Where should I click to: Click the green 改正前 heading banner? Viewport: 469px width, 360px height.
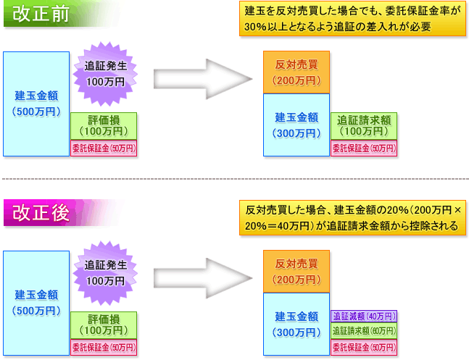coord(60,14)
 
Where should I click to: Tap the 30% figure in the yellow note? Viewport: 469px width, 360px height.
coord(255,27)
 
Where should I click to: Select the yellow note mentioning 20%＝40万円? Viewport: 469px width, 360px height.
coord(352,218)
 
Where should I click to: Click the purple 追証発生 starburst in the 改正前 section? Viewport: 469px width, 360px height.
coord(105,74)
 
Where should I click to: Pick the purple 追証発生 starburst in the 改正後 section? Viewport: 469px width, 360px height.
coord(105,273)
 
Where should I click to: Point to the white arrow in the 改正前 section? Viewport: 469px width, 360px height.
coord(203,79)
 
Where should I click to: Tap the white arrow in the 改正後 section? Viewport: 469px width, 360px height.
coord(203,278)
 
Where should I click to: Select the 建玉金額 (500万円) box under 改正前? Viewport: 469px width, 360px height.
coord(36,104)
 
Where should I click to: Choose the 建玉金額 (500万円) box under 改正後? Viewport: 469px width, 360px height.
coord(36,304)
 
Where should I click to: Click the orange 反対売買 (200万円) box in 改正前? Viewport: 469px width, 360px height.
coord(296,72)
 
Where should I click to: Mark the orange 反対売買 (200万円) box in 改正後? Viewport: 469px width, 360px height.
coord(296,272)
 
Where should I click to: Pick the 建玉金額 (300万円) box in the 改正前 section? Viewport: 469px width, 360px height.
coord(296,125)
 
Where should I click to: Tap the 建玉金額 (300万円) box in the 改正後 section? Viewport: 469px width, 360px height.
coord(296,324)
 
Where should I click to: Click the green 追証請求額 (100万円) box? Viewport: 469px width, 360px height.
coord(364,126)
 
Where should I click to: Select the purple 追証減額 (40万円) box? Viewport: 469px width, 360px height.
coord(364,317)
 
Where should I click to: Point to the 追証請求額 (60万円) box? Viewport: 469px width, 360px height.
coord(364,331)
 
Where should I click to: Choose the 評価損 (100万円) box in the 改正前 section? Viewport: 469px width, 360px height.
coord(104,126)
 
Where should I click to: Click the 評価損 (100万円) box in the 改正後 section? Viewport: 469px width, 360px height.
coord(104,325)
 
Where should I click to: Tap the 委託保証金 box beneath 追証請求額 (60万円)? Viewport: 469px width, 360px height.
coord(364,348)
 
